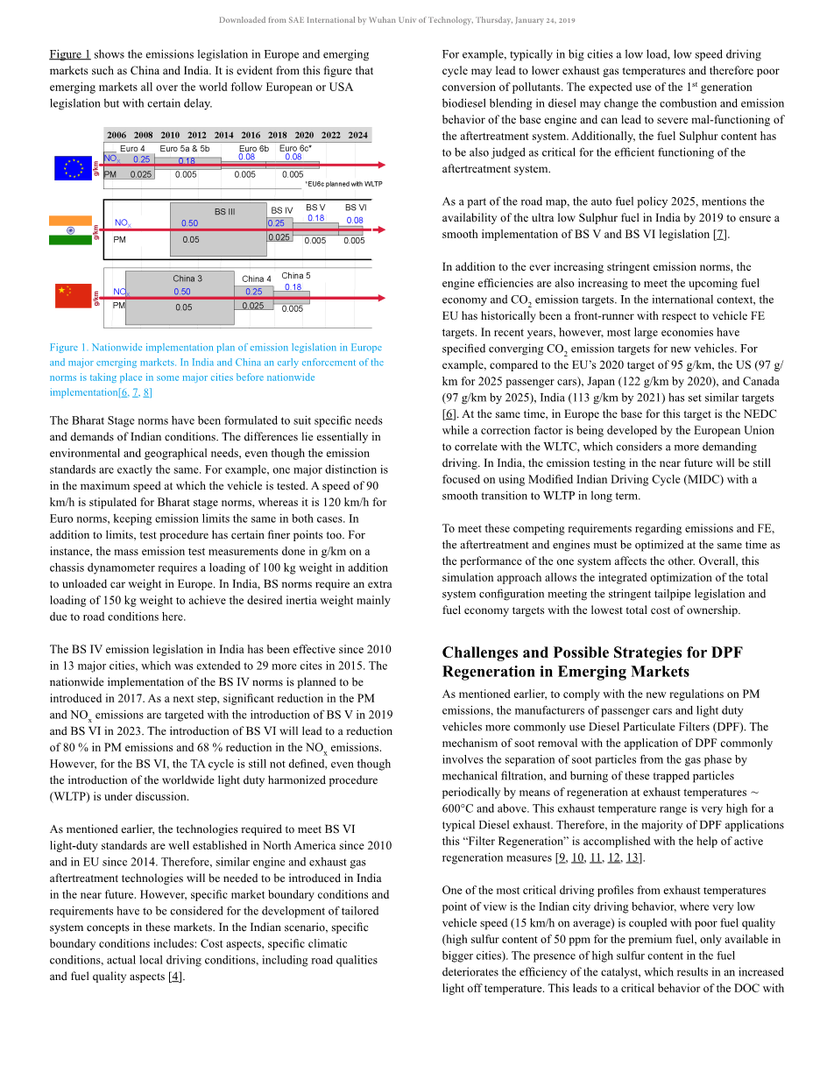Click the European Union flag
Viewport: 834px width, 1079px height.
click(73, 168)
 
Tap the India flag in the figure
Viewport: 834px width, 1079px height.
click(71, 230)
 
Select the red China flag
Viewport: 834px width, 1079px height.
click(73, 296)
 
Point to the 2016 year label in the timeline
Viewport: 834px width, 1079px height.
click(251, 135)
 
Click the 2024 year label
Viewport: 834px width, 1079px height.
click(357, 135)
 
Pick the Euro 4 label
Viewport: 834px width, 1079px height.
click(132, 149)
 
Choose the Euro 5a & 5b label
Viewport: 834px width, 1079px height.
click(185, 149)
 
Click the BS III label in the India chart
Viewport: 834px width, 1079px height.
click(224, 211)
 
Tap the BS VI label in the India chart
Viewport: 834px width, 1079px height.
click(356, 208)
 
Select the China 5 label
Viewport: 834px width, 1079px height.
click(296, 276)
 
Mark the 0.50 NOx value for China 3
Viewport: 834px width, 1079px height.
click(182, 292)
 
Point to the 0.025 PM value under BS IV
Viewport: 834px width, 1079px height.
click(279, 237)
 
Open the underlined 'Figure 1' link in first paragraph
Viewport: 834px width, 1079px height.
click(70, 54)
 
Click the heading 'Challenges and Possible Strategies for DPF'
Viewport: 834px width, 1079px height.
click(592, 652)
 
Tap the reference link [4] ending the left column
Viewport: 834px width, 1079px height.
click(176, 977)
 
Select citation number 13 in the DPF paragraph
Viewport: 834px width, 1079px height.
click(633, 857)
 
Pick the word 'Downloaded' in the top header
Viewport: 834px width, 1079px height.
click(240, 20)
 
